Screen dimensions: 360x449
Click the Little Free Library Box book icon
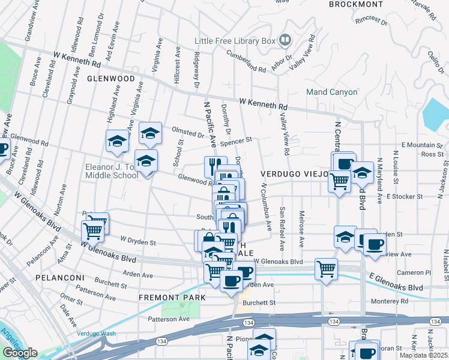coord(285,41)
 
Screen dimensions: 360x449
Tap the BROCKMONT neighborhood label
coord(356,4)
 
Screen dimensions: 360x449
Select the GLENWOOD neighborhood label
coord(111,79)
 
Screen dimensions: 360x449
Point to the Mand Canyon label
coord(331,92)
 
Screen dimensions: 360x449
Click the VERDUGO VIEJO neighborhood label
coord(295,173)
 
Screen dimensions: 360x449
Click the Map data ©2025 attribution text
coord(422,355)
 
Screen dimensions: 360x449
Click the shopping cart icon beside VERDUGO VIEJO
coord(340,180)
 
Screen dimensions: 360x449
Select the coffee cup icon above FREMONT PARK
coord(231,281)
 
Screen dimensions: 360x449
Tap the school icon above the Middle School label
coord(145,161)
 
